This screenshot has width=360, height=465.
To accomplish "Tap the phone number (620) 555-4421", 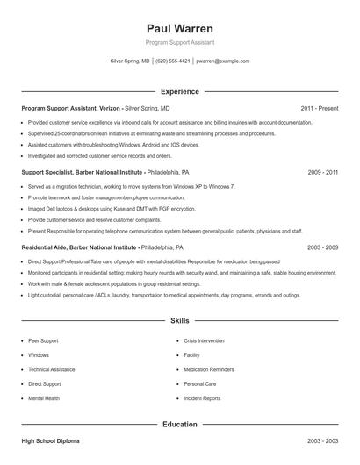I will point(174,61).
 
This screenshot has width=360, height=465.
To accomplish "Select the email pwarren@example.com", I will point(222,61).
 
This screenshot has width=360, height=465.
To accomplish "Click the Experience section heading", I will point(179,91).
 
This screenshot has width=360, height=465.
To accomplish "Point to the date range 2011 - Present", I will point(319,108).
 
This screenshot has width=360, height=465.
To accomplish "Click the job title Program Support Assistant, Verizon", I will point(70,108).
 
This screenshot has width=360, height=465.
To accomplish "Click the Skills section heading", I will point(179,322).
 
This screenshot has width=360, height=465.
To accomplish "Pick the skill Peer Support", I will point(43,339).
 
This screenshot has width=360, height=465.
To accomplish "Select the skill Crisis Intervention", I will point(205,339).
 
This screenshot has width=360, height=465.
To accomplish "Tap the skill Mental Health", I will point(44,398).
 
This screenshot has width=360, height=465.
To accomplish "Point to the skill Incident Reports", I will point(202,398).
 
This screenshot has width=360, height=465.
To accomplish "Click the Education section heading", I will point(179,425).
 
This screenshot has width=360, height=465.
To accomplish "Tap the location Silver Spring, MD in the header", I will point(130,61).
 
